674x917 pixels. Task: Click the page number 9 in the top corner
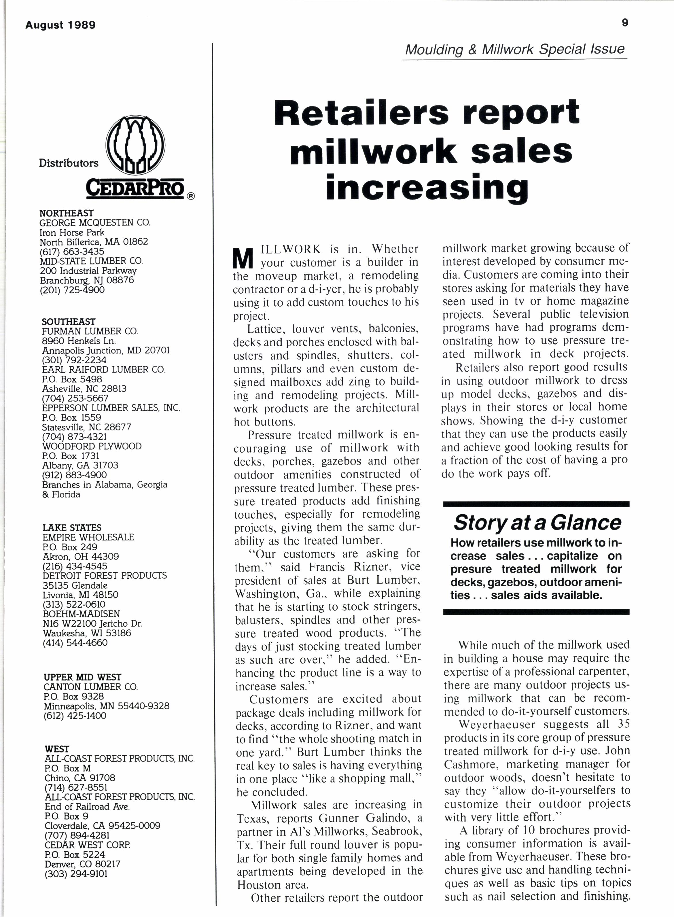(x=625, y=23)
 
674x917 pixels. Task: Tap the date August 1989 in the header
(x=60, y=25)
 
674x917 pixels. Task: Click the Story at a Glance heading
(x=537, y=523)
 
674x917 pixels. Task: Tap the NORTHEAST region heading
(x=66, y=213)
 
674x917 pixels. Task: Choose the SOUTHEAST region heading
(x=69, y=322)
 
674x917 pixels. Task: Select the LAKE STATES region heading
(x=72, y=528)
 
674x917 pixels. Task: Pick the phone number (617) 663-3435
(x=72, y=252)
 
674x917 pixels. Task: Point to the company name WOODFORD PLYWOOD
(x=92, y=446)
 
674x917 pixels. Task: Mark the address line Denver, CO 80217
(x=82, y=864)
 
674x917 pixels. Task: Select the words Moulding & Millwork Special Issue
(x=514, y=49)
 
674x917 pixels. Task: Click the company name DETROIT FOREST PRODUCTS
(x=105, y=575)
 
